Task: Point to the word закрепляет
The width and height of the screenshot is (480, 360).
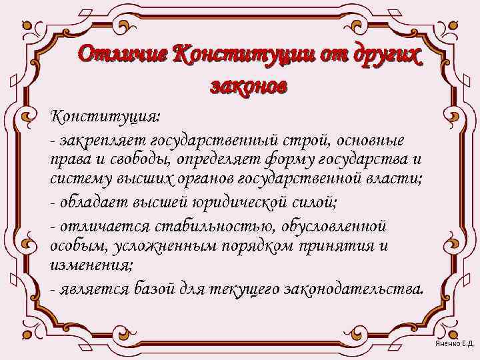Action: (104, 141)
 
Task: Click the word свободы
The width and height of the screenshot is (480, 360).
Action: (117, 161)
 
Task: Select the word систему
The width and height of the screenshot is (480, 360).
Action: (76, 179)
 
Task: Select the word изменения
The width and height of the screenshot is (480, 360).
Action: (91, 264)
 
